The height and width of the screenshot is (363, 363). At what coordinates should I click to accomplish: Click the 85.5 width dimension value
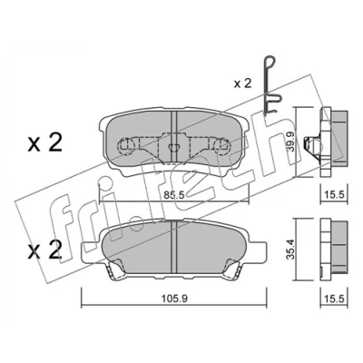click(174, 195)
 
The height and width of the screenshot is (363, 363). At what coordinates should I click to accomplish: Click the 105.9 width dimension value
click(174, 299)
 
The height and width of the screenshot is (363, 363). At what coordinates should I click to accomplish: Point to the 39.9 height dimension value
click(290, 142)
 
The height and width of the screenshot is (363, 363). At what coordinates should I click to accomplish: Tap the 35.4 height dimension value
click(290, 250)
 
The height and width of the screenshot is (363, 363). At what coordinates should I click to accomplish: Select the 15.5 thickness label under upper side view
click(335, 195)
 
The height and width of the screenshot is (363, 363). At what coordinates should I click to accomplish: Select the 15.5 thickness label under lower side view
click(335, 299)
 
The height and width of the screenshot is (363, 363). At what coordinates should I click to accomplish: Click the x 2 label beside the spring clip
click(242, 83)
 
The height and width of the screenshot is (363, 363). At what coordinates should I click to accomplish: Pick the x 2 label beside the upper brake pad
click(44, 142)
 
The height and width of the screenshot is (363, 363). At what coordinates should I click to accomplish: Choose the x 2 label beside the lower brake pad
click(44, 250)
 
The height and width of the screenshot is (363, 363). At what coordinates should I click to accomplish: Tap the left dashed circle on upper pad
click(126, 146)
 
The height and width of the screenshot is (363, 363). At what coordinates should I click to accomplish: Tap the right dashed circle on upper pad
click(221, 146)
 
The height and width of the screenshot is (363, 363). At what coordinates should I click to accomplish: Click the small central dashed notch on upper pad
click(174, 147)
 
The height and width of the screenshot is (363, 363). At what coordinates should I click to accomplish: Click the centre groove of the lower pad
click(174, 247)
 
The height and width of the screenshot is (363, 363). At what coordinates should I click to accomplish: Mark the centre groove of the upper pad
click(174, 138)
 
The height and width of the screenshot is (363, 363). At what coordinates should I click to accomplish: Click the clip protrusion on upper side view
click(311, 144)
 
